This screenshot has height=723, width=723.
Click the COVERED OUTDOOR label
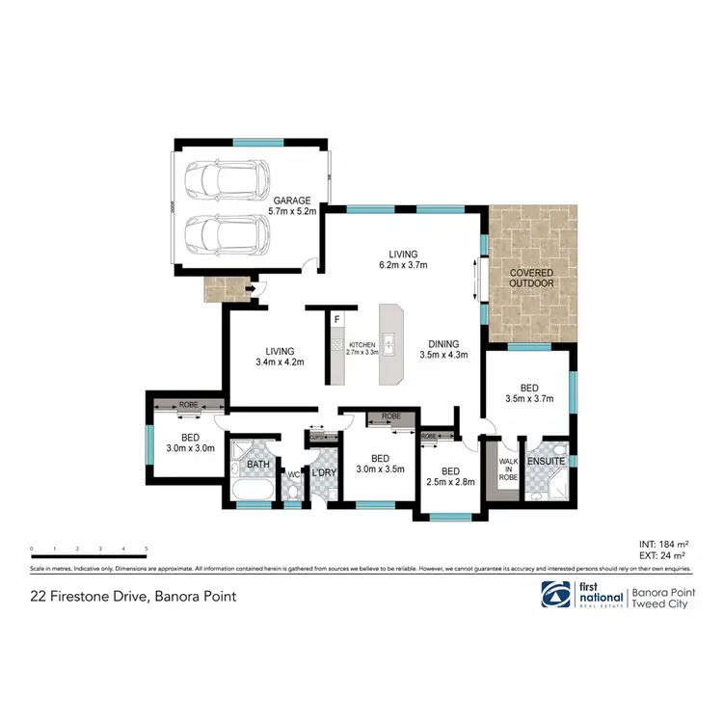pyautogui.click(x=531, y=278)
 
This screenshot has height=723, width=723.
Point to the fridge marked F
pyautogui.click(x=336, y=319)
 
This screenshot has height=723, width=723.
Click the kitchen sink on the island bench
pyautogui.click(x=391, y=341)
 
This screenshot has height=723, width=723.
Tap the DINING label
pyautogui.click(x=443, y=343)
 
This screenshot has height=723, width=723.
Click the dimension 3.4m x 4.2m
pyautogui.click(x=279, y=362)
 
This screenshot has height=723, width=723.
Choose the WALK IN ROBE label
pyautogui.click(x=507, y=469)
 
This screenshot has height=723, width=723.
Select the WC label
pyautogui.click(x=294, y=475)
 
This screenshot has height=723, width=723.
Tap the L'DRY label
pyautogui.click(x=324, y=472)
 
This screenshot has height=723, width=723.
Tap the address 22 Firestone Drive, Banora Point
pyautogui.click(x=134, y=597)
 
